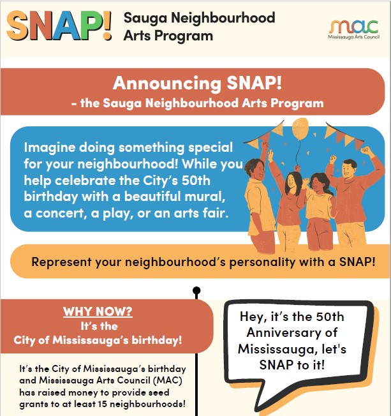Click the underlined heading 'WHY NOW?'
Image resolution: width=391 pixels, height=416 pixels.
pos(98,312)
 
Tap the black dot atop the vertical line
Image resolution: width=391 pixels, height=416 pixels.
pos(196,292)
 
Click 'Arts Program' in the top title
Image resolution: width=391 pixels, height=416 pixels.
pos(168,36)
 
